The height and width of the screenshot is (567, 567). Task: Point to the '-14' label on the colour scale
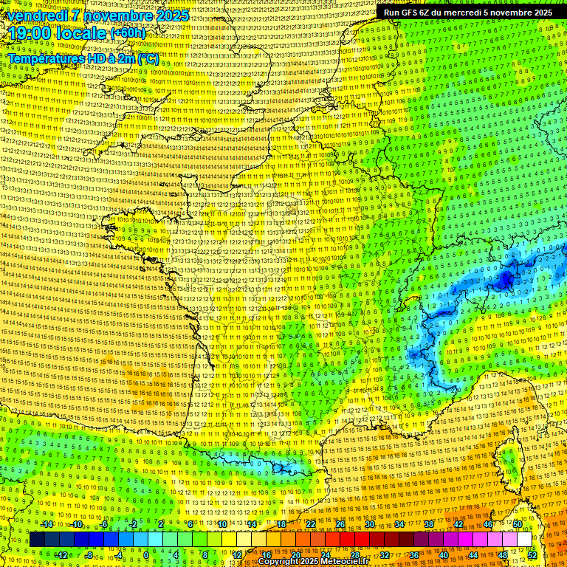[x=47, y=524]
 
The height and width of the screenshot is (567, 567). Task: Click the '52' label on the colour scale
[x=532, y=555]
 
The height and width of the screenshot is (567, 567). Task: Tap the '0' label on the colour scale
[x=146, y=555]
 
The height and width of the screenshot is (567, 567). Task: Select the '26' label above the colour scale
[x=340, y=524]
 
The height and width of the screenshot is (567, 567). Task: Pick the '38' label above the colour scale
[x=429, y=524]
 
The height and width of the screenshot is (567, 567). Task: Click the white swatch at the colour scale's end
[x=524, y=540]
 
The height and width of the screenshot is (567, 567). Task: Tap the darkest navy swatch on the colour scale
[x=37, y=540]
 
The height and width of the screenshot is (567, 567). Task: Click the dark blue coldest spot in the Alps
[x=506, y=279]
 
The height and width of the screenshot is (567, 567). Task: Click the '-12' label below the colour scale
[x=62, y=555]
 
